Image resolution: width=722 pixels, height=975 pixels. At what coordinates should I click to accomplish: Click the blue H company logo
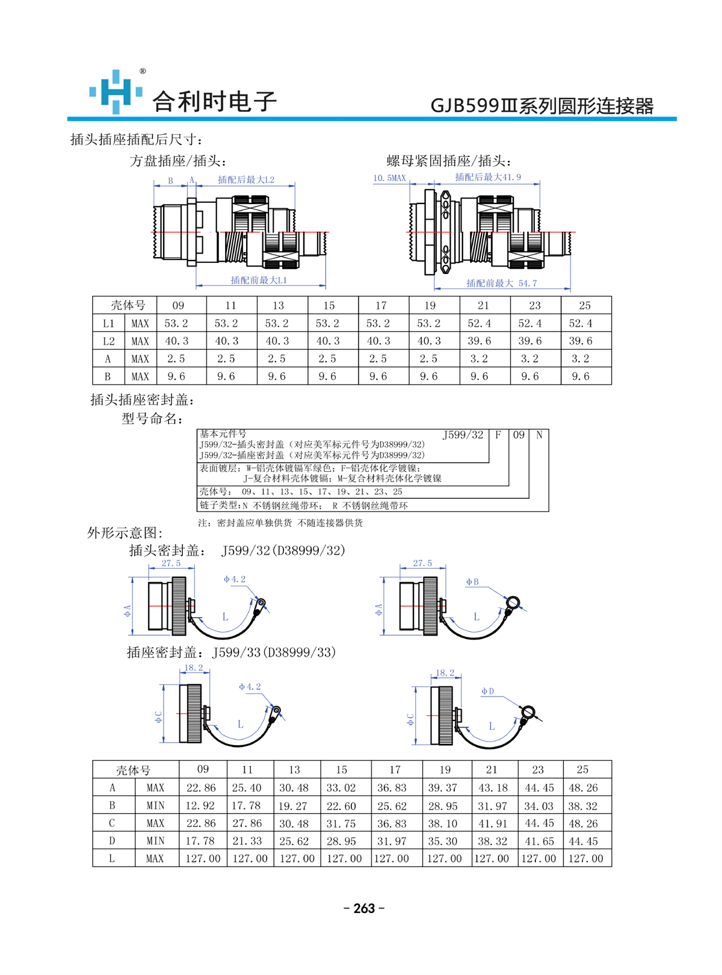[x=116, y=91]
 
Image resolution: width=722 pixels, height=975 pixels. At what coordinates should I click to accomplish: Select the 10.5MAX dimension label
[x=389, y=178]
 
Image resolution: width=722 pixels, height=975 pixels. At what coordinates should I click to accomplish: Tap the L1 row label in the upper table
[x=108, y=324]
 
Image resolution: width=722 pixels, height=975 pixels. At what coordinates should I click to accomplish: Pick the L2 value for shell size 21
[x=480, y=341]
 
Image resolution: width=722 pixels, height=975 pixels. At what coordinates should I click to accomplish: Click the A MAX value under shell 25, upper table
[x=580, y=359]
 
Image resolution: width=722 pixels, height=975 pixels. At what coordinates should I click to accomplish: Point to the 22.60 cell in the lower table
[x=341, y=806]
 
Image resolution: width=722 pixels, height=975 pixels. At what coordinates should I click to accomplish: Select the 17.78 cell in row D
[x=200, y=841]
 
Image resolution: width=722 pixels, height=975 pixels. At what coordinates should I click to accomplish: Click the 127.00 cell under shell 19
[x=444, y=858]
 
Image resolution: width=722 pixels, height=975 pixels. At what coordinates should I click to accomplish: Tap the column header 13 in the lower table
[x=294, y=770]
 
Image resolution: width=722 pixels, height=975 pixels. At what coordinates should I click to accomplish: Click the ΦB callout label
[x=472, y=582]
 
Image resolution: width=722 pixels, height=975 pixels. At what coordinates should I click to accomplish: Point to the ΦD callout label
[x=487, y=692]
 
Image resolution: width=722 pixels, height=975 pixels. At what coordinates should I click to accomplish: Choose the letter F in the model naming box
[x=498, y=435]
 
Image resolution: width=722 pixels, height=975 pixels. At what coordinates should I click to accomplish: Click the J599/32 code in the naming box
[x=463, y=435]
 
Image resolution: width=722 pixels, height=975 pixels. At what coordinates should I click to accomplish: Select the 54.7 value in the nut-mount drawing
[x=527, y=283]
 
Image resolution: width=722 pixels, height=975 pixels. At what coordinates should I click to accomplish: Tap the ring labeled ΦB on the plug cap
[x=513, y=602]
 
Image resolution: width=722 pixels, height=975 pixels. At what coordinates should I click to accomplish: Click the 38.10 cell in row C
[x=442, y=823]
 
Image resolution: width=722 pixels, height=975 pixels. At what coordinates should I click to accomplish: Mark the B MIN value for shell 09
[x=200, y=806]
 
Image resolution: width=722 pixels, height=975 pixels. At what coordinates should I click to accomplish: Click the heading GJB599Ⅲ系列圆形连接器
[x=542, y=107]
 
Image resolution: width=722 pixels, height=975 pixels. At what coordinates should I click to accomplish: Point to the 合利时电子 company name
[x=214, y=101]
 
